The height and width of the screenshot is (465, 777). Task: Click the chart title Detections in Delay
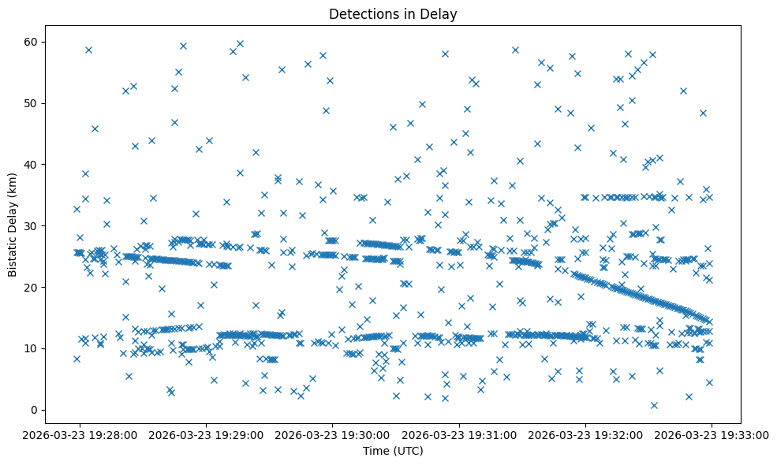(393, 14)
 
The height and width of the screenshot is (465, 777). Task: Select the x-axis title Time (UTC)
(393, 451)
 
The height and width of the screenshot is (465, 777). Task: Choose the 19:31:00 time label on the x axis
(459, 434)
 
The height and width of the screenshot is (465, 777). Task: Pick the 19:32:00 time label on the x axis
(586, 434)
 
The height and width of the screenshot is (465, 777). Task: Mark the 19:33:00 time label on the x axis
(712, 434)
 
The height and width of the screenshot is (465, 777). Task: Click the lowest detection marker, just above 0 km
(654, 405)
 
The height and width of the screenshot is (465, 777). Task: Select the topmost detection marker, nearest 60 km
(240, 44)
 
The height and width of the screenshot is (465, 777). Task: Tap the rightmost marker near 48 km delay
(703, 113)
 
